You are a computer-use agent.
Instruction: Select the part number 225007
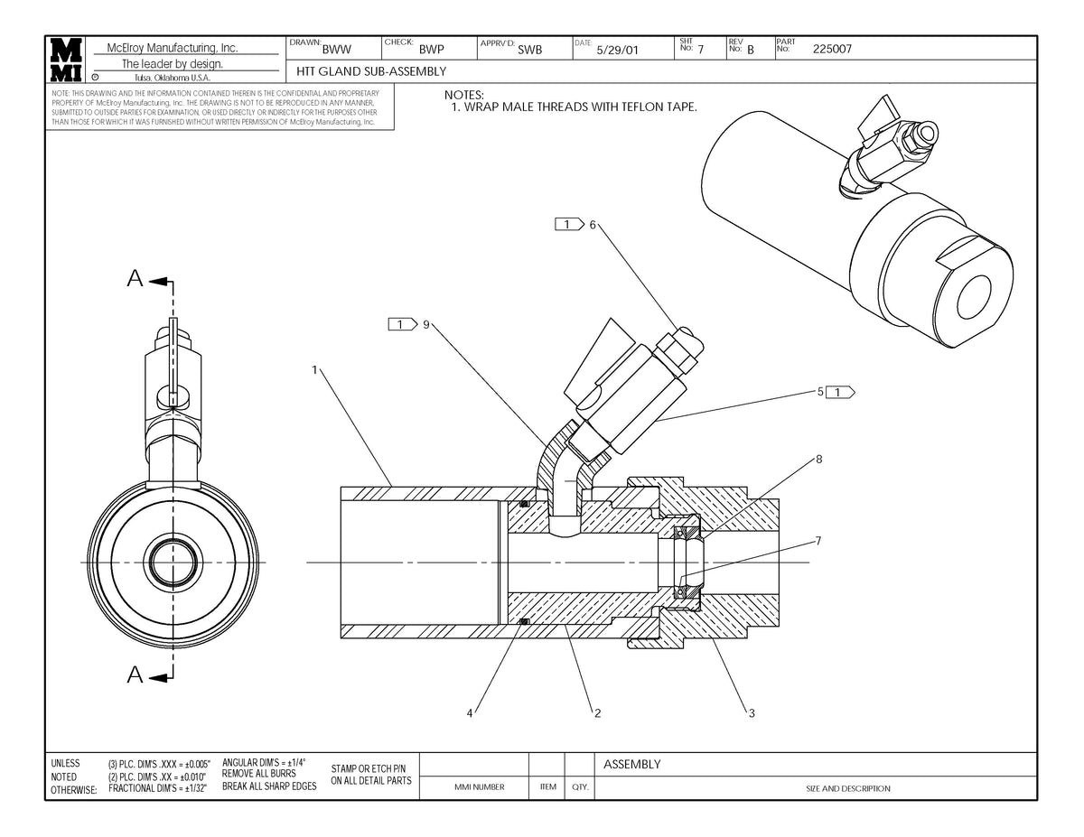(x=832, y=50)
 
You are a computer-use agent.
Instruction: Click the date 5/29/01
(x=618, y=51)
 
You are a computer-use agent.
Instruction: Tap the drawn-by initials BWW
(x=336, y=51)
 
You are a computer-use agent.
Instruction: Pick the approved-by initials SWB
(x=530, y=51)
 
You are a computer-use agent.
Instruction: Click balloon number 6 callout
(x=593, y=225)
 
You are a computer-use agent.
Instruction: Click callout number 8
(x=818, y=459)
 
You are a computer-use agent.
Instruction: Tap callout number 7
(x=818, y=541)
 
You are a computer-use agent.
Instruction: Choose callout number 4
(x=470, y=713)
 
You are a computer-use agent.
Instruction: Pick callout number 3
(x=752, y=713)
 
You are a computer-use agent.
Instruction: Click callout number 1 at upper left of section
(x=314, y=369)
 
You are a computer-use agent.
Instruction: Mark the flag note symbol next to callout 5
(x=841, y=392)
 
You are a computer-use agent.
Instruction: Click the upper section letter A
(x=135, y=279)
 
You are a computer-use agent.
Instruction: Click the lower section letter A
(x=135, y=674)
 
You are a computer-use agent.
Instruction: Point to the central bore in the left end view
(x=172, y=563)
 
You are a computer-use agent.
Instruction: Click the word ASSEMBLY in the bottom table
(x=631, y=765)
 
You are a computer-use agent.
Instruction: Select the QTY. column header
(x=579, y=788)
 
